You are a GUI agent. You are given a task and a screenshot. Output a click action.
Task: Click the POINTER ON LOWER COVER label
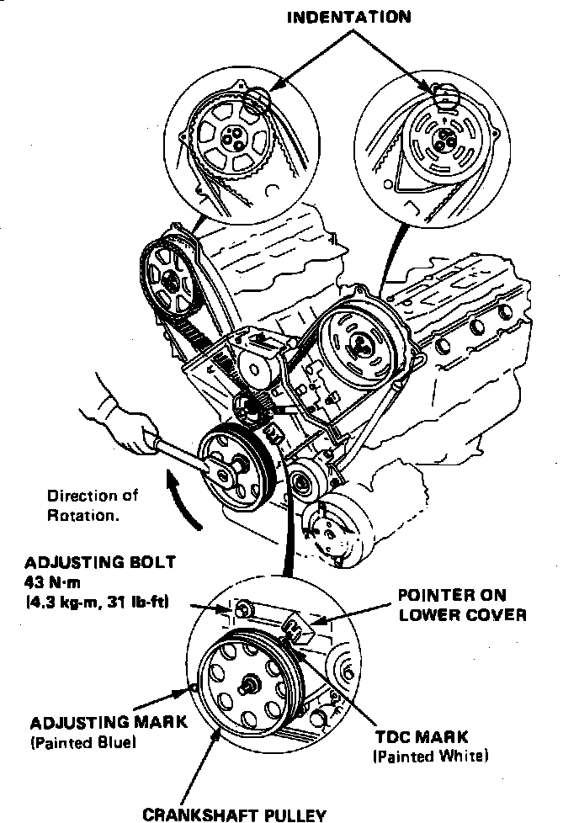[462, 605]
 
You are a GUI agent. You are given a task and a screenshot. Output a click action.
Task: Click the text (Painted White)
[430, 756]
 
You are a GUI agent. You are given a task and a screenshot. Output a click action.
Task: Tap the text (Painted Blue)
[82, 743]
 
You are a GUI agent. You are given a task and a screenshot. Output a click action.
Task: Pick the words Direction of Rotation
[92, 505]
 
